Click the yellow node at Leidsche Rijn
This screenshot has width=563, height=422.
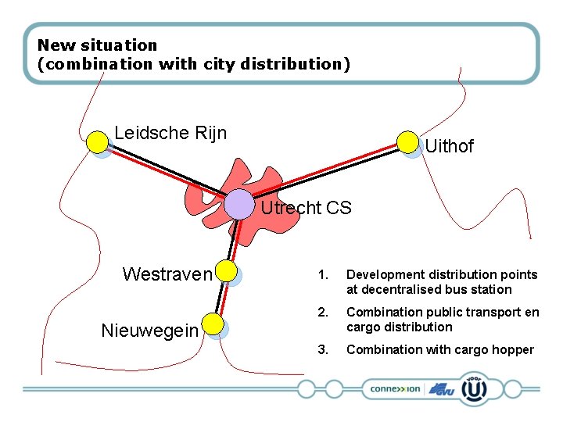(97, 141)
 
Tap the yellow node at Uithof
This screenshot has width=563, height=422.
(407, 141)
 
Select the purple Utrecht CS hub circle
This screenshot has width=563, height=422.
(238, 204)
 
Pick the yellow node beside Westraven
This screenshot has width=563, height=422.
(226, 271)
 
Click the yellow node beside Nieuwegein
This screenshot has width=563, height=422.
(213, 324)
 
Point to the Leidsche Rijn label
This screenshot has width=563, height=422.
(170, 133)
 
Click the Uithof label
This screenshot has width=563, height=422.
(449, 146)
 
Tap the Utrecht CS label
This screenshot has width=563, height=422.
(306, 208)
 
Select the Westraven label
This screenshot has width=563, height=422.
(167, 274)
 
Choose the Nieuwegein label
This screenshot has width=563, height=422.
(149, 331)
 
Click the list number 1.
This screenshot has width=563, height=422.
(321, 275)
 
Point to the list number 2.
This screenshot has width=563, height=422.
(321, 313)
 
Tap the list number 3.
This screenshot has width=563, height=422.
(321, 350)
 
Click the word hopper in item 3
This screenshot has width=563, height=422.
(513, 350)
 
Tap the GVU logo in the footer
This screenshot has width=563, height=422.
(442, 388)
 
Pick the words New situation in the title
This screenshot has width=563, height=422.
(97, 45)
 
